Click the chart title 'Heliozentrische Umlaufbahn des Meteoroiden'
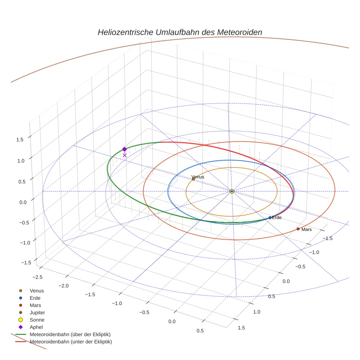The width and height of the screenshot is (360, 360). (180, 32)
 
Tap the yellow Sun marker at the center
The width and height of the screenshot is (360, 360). (232, 191)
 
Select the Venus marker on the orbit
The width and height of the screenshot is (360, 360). (193, 179)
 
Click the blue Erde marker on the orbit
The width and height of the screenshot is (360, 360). (270, 218)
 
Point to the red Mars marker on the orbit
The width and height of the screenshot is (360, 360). (298, 229)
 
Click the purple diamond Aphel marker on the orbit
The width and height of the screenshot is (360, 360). (124, 149)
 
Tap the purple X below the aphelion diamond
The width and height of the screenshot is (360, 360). (124, 155)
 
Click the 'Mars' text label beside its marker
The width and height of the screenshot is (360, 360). (307, 229)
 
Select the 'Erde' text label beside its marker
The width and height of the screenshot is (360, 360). (277, 218)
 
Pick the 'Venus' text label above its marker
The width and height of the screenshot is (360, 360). (198, 177)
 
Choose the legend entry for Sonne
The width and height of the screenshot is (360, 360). (37, 320)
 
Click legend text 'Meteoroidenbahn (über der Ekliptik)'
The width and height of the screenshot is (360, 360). (70, 334)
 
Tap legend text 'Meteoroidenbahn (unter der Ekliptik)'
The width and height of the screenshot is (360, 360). (71, 342)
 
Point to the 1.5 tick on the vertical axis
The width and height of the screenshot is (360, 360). (20, 139)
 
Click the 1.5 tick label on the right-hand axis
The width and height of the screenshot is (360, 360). (241, 327)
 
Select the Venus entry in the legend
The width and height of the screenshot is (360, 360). (37, 291)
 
